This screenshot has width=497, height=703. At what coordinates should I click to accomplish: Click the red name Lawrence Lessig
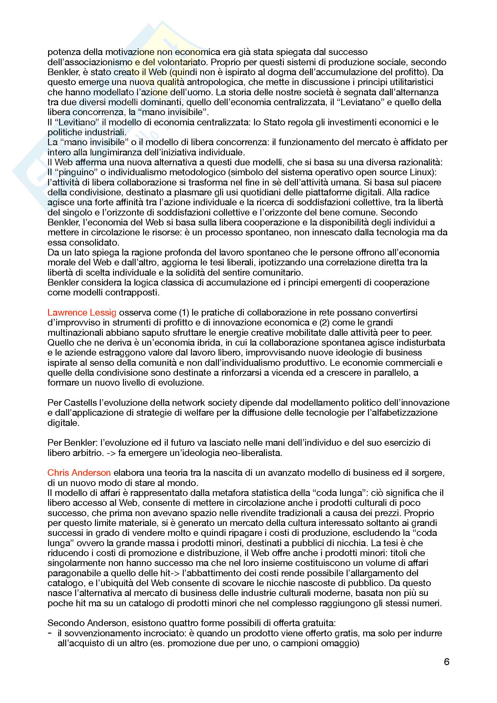[82, 312]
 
